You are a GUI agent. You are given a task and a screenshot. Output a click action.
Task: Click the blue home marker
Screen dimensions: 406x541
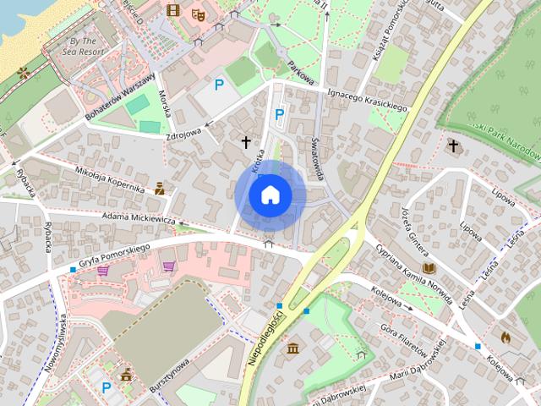(x=270, y=195)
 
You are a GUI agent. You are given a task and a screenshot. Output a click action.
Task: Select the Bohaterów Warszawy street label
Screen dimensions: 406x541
(x=121, y=96)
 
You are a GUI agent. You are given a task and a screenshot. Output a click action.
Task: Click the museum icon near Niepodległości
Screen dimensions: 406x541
(x=293, y=348)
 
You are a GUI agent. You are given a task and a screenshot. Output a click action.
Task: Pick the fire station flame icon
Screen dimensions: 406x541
(x=505, y=337)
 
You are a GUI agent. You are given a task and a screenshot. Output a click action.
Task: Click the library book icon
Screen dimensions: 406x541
(x=429, y=267)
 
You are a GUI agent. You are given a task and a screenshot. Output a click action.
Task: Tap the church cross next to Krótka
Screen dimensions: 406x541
(x=247, y=142)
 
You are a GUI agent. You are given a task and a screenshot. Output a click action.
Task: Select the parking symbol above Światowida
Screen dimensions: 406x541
(x=280, y=113)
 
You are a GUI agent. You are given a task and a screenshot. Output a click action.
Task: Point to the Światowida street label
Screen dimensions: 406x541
(x=317, y=158)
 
